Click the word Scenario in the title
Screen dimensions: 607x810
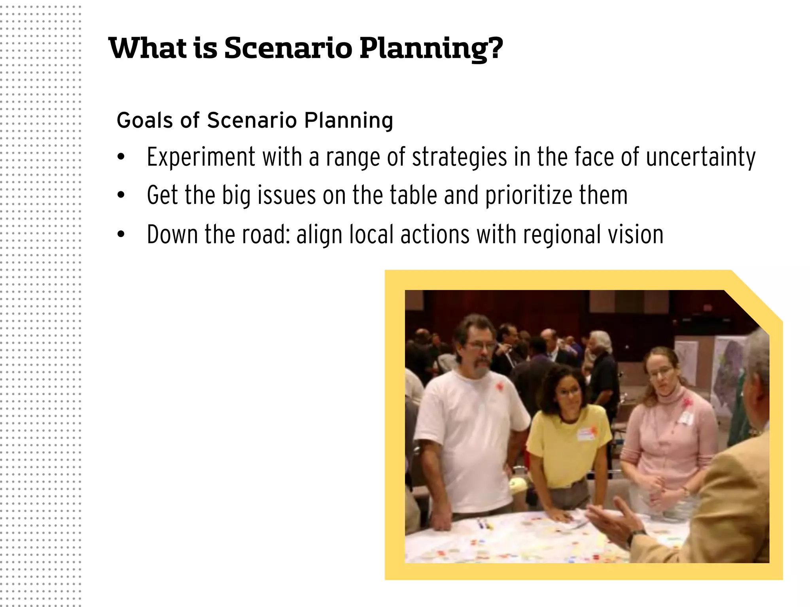[288, 48]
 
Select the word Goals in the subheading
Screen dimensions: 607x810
[145, 120]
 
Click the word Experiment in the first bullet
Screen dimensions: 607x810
[201, 157]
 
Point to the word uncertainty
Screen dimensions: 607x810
[700, 157]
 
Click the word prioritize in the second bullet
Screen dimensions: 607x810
[528, 195]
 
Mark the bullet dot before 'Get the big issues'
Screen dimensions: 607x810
[121, 195]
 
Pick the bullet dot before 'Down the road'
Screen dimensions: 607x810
[121, 234]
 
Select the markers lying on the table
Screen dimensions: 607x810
[484, 525]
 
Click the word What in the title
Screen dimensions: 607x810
[148, 48]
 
